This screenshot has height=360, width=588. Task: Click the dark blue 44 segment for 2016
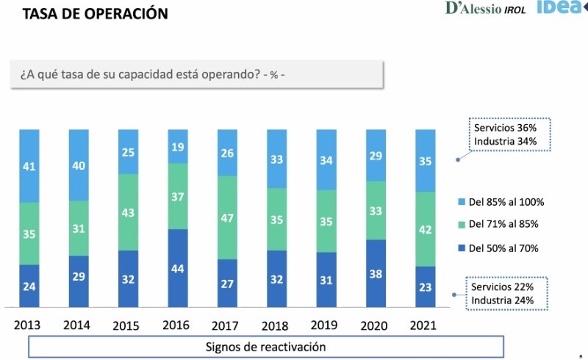tap(177, 268)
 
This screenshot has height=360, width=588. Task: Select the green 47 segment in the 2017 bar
tap(227, 217)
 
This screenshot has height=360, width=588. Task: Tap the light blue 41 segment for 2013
tap(29, 165)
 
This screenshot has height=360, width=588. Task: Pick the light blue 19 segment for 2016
tap(177, 146)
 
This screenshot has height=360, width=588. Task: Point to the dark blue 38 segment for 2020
tap(376, 273)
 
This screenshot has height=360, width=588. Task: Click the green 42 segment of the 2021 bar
tap(425, 229)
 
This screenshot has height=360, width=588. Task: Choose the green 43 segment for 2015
tap(128, 212)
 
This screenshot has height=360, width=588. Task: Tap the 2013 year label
tap(27, 325)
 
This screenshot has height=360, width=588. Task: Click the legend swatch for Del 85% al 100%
tap(461, 202)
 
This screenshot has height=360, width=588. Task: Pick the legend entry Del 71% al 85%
tap(504, 225)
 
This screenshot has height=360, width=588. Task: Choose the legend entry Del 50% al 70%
tap(504, 248)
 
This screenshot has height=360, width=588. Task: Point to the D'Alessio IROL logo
tap(485, 9)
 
